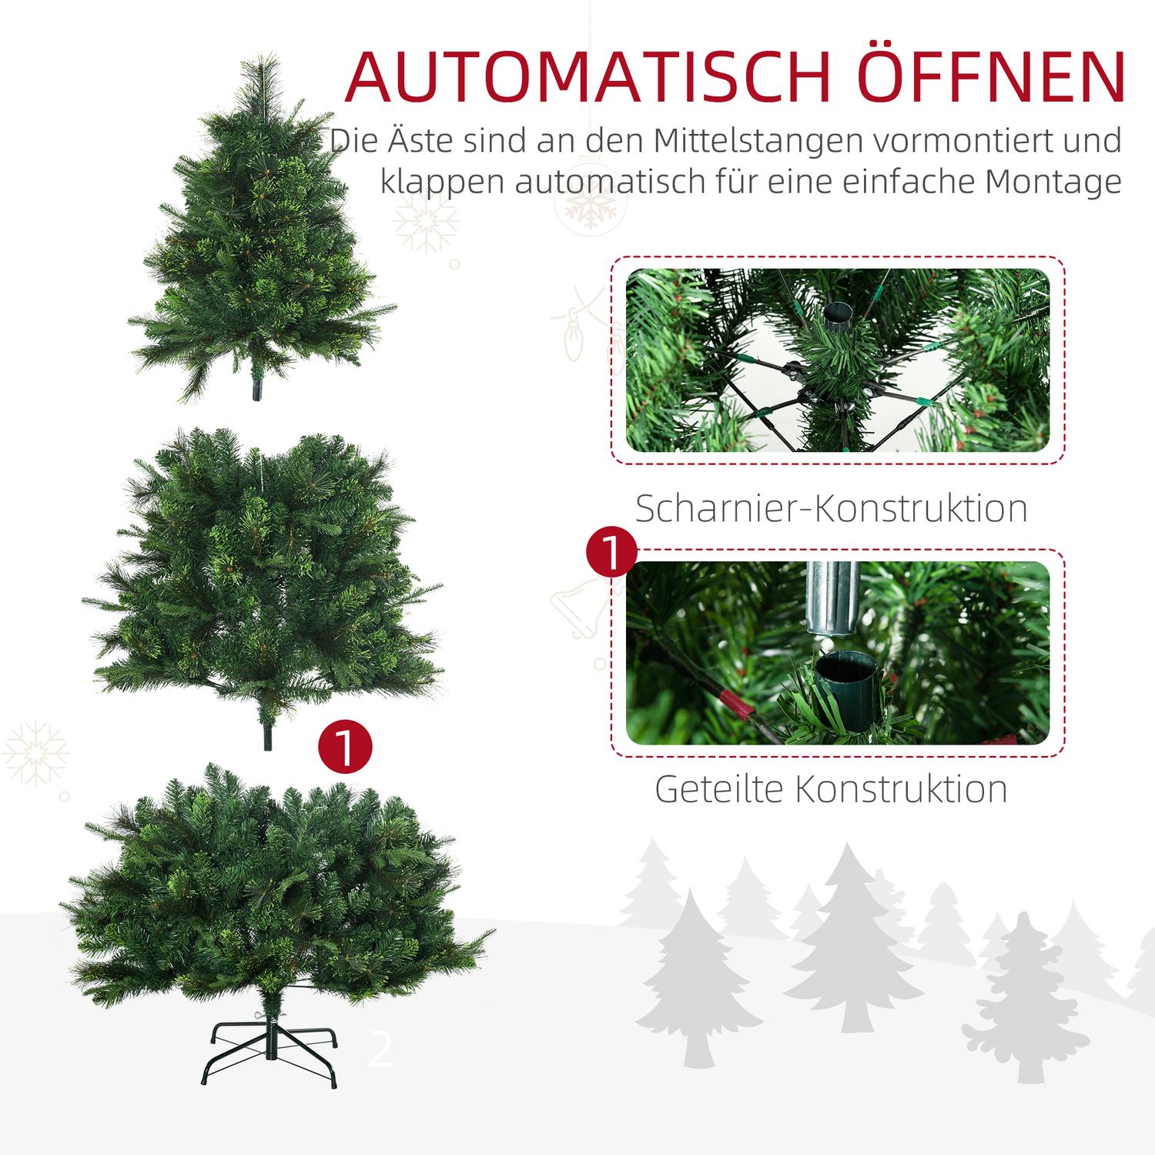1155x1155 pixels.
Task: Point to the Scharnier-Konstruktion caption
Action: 832,508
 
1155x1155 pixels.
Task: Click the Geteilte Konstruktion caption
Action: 832,789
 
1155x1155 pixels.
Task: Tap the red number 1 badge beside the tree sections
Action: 345,748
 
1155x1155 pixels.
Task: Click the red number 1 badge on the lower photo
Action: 611,553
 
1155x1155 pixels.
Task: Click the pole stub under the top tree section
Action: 255,391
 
